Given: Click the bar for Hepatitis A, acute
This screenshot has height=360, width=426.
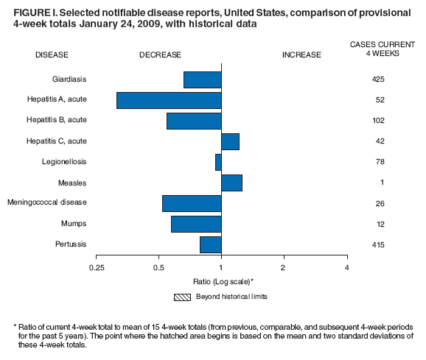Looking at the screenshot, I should point(169,100).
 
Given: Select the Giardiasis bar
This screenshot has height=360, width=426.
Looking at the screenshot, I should point(203,80).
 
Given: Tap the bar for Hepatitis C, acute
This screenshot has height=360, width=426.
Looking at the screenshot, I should point(230,141).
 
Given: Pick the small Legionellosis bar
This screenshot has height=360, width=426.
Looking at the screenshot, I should point(219,162).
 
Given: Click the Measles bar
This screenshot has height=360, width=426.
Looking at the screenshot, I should point(231,183).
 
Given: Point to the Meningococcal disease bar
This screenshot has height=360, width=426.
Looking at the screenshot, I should point(192,203).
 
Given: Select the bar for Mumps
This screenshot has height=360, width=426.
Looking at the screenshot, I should point(196,224).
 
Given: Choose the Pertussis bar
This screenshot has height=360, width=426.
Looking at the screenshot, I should point(211,244).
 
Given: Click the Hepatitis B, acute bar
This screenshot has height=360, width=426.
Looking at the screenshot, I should point(194,121).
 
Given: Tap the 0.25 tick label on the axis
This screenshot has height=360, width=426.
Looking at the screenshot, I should point(96,267).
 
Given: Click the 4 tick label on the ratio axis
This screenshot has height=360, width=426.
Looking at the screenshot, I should point(346,267).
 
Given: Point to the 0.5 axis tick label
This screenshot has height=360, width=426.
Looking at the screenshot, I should point(158,267).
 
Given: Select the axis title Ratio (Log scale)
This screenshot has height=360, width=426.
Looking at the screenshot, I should point(221,281).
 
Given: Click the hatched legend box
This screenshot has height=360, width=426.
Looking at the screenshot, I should point(182,297).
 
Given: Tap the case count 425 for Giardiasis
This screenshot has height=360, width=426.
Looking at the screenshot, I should point(378,80).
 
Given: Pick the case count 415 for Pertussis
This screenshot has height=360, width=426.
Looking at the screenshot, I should point(378,244).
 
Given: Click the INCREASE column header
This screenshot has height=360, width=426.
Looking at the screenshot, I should point(302,54).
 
